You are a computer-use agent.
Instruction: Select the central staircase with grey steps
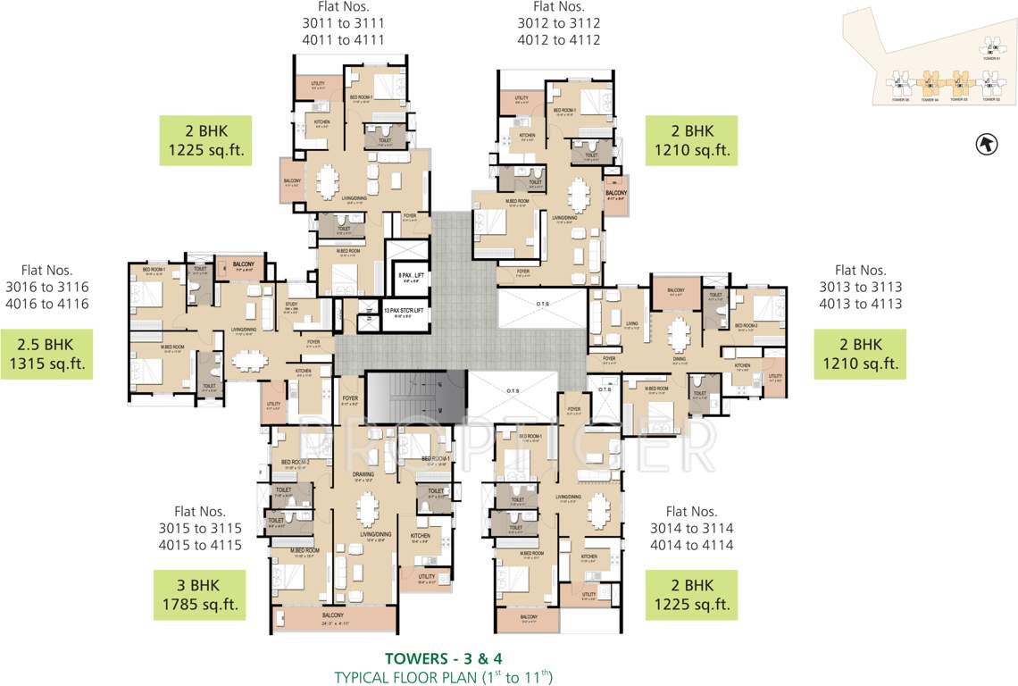[x=416, y=396]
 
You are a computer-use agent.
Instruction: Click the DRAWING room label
[x=363, y=474]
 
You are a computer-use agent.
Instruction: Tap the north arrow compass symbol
[x=986, y=143]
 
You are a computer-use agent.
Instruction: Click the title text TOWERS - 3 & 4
[x=443, y=658]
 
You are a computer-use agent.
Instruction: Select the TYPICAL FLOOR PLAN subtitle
[x=443, y=677]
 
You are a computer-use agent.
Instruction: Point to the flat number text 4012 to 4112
[x=559, y=39]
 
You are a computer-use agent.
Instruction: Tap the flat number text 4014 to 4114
[x=691, y=545]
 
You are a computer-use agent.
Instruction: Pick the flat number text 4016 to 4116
[x=46, y=303]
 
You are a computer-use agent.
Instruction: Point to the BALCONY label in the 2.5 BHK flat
[x=244, y=265]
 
